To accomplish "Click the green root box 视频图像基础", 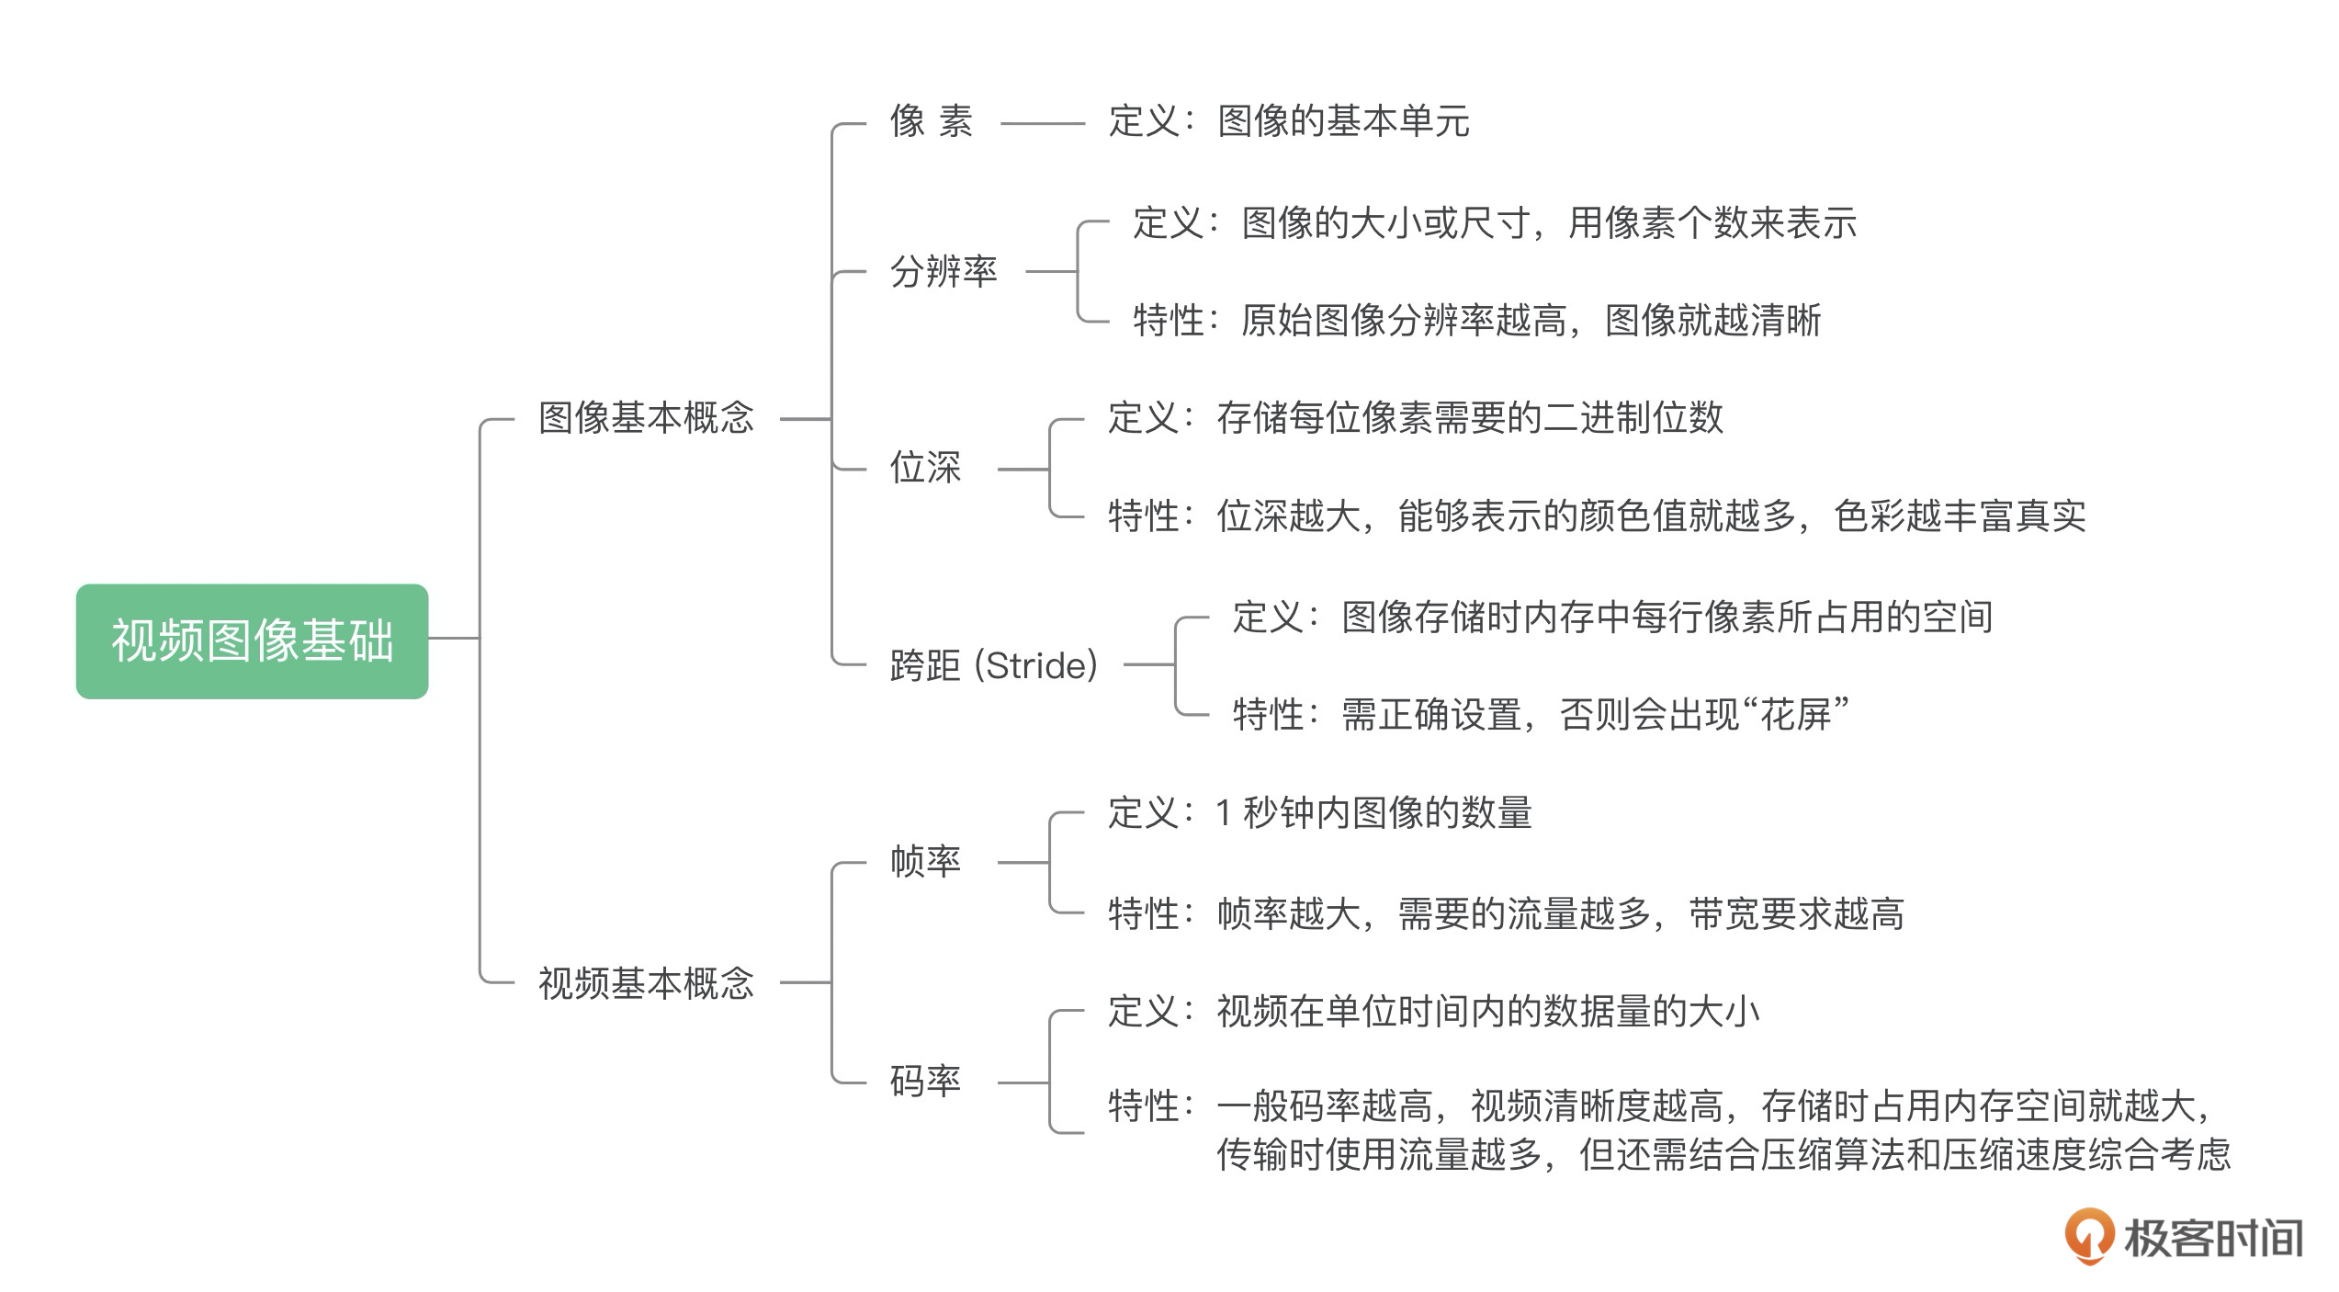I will pyautogui.click(x=252, y=640).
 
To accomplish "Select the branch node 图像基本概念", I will pyautogui.click(x=646, y=418).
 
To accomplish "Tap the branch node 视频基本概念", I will pyautogui.click(x=646, y=983).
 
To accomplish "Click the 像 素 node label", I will pyautogui.click(x=931, y=121).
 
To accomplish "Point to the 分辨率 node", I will pyautogui.click(x=944, y=271).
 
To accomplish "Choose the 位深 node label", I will pyautogui.click(x=925, y=468).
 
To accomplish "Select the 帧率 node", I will pyautogui.click(x=925, y=862).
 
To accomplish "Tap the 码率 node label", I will pyautogui.click(x=925, y=1082).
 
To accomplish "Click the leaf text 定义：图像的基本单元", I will pyautogui.click(x=1288, y=121).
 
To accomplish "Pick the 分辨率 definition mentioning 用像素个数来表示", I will pyautogui.click(x=1494, y=223).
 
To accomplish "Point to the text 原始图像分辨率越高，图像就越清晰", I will pyautogui.click(x=1530, y=321).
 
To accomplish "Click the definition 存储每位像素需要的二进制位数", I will pyautogui.click(x=1469, y=418).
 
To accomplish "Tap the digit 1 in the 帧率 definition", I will pyautogui.click(x=1224, y=813).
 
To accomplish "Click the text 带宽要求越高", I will pyautogui.click(x=1796, y=914).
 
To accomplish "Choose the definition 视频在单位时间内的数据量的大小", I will pyautogui.click(x=1487, y=1012).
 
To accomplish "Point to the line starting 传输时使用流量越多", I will pyautogui.click(x=1723, y=1155).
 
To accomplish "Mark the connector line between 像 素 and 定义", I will pyautogui.click(x=1043, y=123).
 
